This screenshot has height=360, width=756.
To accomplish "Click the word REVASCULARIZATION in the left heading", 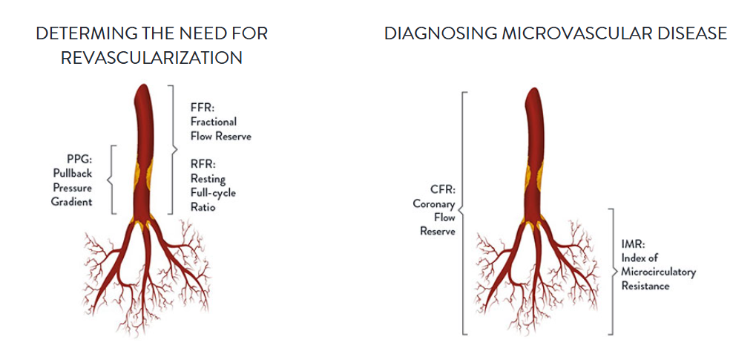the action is click(151, 58).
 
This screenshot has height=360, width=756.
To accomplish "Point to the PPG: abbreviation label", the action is click(79, 159).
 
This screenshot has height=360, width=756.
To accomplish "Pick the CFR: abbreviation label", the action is click(443, 190).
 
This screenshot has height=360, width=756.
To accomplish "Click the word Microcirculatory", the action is click(659, 272).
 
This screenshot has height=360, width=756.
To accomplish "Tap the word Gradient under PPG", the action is click(71, 202).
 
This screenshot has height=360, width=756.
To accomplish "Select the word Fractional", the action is click(213, 122).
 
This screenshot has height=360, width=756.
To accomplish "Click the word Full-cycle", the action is click(213, 194).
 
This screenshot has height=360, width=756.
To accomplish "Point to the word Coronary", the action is click(434, 204).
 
